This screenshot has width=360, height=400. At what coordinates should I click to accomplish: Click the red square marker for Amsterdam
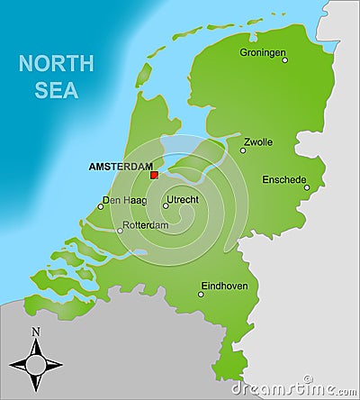point(155,175)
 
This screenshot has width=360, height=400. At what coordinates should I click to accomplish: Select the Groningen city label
point(262,51)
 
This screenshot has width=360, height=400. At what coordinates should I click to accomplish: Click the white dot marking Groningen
point(284,60)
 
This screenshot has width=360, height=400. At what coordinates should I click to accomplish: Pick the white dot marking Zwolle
point(243,150)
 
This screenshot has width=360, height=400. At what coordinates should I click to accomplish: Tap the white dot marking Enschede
point(306,188)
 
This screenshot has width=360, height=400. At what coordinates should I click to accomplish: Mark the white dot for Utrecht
point(166,205)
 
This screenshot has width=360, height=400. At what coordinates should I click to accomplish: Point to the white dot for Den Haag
point(100,206)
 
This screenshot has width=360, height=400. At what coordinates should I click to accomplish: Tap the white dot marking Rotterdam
point(121,230)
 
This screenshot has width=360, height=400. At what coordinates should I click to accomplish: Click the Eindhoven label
point(224,286)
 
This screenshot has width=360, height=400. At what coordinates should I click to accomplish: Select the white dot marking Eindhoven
point(201,294)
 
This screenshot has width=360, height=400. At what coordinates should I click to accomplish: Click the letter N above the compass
point(36,332)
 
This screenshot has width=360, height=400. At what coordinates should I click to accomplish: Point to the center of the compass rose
point(36,364)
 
